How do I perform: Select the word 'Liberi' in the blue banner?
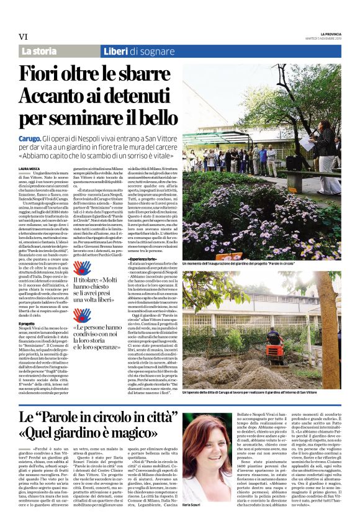117,51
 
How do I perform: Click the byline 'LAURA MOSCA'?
29,168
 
